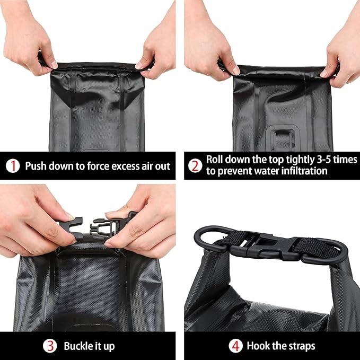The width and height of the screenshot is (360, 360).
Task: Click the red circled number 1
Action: pos(12,166)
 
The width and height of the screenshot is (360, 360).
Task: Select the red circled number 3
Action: pos(50,346)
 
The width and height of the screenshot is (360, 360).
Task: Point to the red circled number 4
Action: pos(235,346)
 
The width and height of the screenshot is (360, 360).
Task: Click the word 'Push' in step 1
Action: pos(36,166)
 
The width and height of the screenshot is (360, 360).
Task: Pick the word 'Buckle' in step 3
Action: pos(78,346)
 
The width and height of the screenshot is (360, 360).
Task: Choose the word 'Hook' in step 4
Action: pos(259,346)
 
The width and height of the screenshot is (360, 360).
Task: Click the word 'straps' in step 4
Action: pos(302,346)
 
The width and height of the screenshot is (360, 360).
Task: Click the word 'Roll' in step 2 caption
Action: pos(218,160)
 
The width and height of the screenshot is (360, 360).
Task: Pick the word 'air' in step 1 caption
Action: pos(146,166)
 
